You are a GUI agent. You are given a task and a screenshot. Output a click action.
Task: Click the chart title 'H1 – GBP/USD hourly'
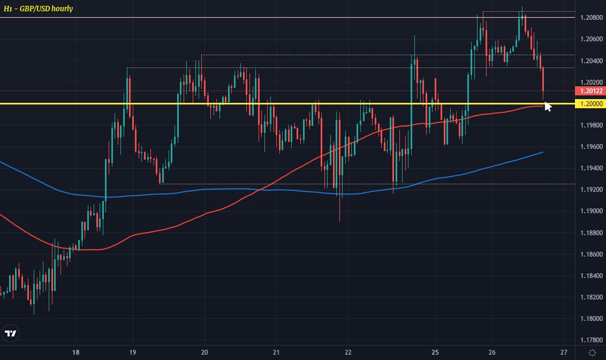[x=38, y=9]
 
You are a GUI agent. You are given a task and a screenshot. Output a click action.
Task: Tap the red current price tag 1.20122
[x=589, y=91]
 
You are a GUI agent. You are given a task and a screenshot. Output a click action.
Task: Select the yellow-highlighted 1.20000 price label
[x=589, y=103]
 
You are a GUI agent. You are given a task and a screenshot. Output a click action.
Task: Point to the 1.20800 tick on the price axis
[x=589, y=18]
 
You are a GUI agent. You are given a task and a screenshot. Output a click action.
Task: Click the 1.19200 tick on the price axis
[x=589, y=190]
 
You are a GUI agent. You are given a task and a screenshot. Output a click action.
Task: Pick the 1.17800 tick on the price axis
[x=589, y=340]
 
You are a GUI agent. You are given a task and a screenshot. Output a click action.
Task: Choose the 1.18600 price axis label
[x=589, y=254]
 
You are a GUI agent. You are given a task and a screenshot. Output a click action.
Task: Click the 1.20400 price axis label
[x=589, y=61]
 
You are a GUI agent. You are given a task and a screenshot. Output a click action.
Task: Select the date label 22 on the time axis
[x=349, y=352]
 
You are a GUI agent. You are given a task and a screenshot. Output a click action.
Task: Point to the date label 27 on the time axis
[x=564, y=352]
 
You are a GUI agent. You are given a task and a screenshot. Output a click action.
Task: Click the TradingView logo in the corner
[x=10, y=334]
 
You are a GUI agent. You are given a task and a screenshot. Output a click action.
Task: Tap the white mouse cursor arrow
[x=548, y=106]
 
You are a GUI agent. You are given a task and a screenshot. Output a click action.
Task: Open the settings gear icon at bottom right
[x=592, y=352]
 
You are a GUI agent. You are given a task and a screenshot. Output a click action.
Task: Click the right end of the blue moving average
[x=543, y=152]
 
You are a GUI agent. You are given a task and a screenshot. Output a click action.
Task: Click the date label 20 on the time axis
[x=204, y=352]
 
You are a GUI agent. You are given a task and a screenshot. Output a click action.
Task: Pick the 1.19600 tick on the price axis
[x=589, y=147]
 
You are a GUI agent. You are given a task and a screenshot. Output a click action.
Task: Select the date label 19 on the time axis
[x=133, y=352]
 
